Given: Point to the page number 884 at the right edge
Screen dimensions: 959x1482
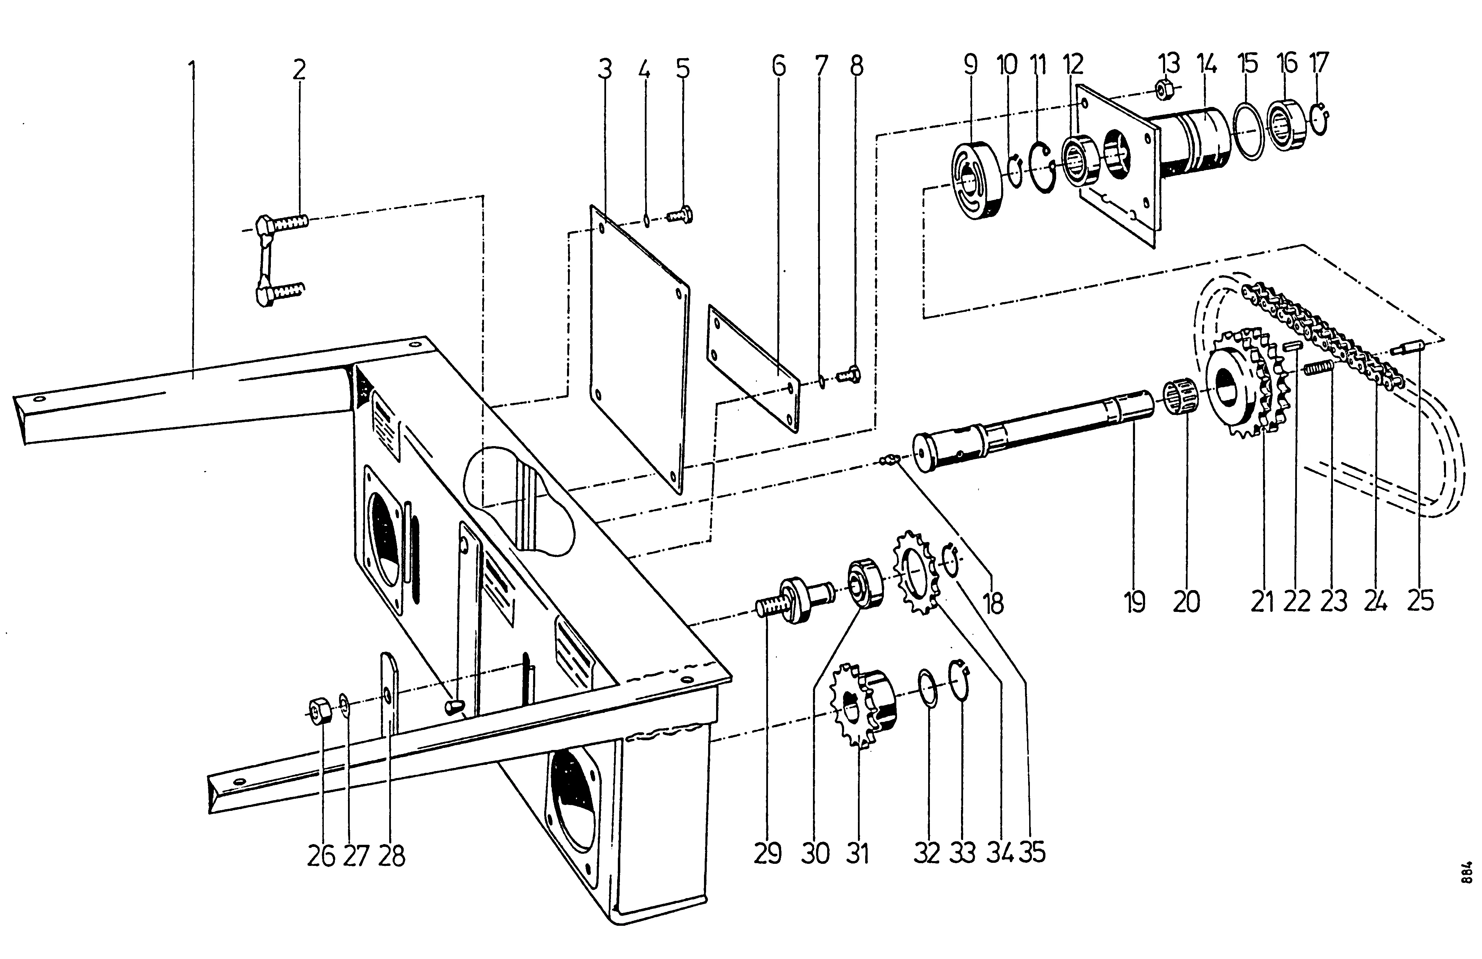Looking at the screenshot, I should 1468,872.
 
